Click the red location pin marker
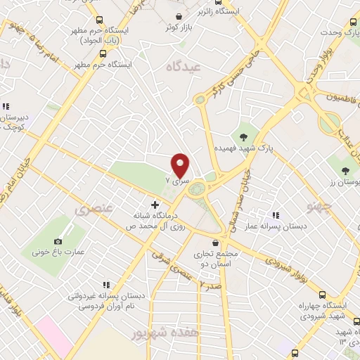click(x=181, y=165)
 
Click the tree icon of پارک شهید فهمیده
click(x=243, y=136)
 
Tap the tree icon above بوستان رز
click(x=345, y=169)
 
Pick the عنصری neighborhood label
click(x=92, y=210)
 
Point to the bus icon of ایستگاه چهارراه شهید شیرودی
click(x=323, y=295)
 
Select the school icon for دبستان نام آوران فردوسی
click(x=106, y=285)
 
